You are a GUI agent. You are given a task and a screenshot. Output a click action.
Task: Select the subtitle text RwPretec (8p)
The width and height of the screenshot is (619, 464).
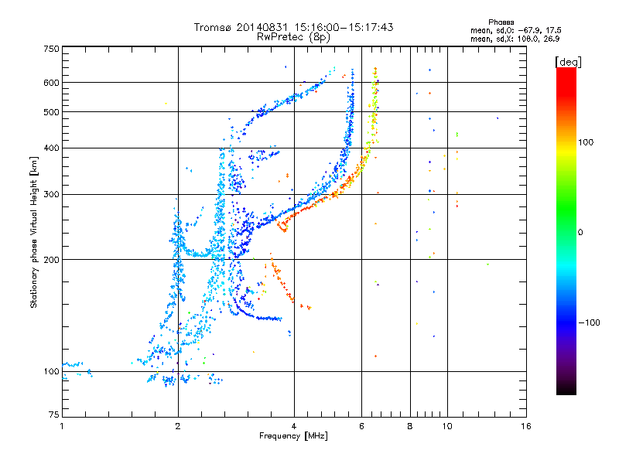point(293,37)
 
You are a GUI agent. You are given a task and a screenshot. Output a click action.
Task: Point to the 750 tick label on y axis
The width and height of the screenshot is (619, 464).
point(51,49)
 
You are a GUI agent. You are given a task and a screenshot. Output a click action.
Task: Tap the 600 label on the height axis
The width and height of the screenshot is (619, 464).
point(51,83)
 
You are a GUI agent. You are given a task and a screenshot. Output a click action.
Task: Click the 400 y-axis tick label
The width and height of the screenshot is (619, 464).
point(51,148)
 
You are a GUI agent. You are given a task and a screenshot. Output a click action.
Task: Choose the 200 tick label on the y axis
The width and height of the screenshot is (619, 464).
point(51,260)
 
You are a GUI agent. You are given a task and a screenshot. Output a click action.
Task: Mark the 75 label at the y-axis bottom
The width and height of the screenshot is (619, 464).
point(54,415)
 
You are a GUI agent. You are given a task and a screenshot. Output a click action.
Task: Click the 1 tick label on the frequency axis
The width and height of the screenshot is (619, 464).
point(62,426)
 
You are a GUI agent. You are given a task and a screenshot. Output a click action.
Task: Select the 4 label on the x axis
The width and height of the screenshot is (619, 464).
point(294,426)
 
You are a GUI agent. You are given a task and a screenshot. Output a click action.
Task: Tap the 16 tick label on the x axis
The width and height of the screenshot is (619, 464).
point(526,426)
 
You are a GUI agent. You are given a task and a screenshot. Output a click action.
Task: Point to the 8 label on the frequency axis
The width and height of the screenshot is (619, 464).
point(410,426)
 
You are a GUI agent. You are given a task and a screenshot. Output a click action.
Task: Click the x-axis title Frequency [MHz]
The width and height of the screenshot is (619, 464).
point(293,436)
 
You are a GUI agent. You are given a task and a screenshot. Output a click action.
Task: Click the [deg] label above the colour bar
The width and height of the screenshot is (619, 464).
point(568,62)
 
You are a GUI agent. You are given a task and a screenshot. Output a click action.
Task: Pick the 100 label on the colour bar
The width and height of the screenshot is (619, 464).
point(586,142)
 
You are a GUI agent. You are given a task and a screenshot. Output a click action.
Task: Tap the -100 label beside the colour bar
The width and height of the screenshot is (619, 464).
point(589,322)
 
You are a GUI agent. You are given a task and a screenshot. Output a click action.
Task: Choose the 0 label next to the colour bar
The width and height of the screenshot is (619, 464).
point(580,233)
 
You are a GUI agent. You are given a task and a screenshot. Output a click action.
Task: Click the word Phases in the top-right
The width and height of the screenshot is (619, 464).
point(501,22)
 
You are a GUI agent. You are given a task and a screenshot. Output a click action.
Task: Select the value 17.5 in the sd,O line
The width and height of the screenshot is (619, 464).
point(554,30)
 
